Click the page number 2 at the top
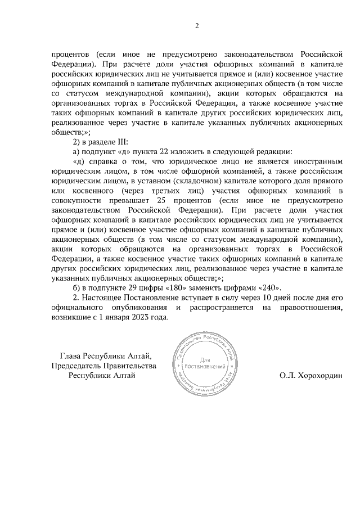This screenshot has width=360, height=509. [197, 25]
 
